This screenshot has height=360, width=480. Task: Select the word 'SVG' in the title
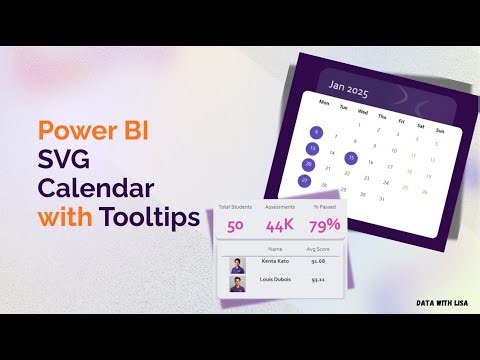[x=62, y=159]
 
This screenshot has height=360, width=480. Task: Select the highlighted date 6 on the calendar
[x=316, y=132]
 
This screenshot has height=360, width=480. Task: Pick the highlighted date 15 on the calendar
[x=351, y=157]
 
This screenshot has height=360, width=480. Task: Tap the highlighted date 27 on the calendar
[x=304, y=180]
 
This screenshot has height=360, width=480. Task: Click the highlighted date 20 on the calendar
[x=308, y=164]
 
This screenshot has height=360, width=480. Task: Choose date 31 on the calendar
[x=381, y=200]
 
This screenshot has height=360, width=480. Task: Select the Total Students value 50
[x=236, y=225]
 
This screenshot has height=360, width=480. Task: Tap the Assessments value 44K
[x=280, y=225]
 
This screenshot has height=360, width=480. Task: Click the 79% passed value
[x=324, y=225]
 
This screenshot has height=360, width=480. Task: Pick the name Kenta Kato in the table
[x=276, y=261]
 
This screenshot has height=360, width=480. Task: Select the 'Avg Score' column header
[x=319, y=248]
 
